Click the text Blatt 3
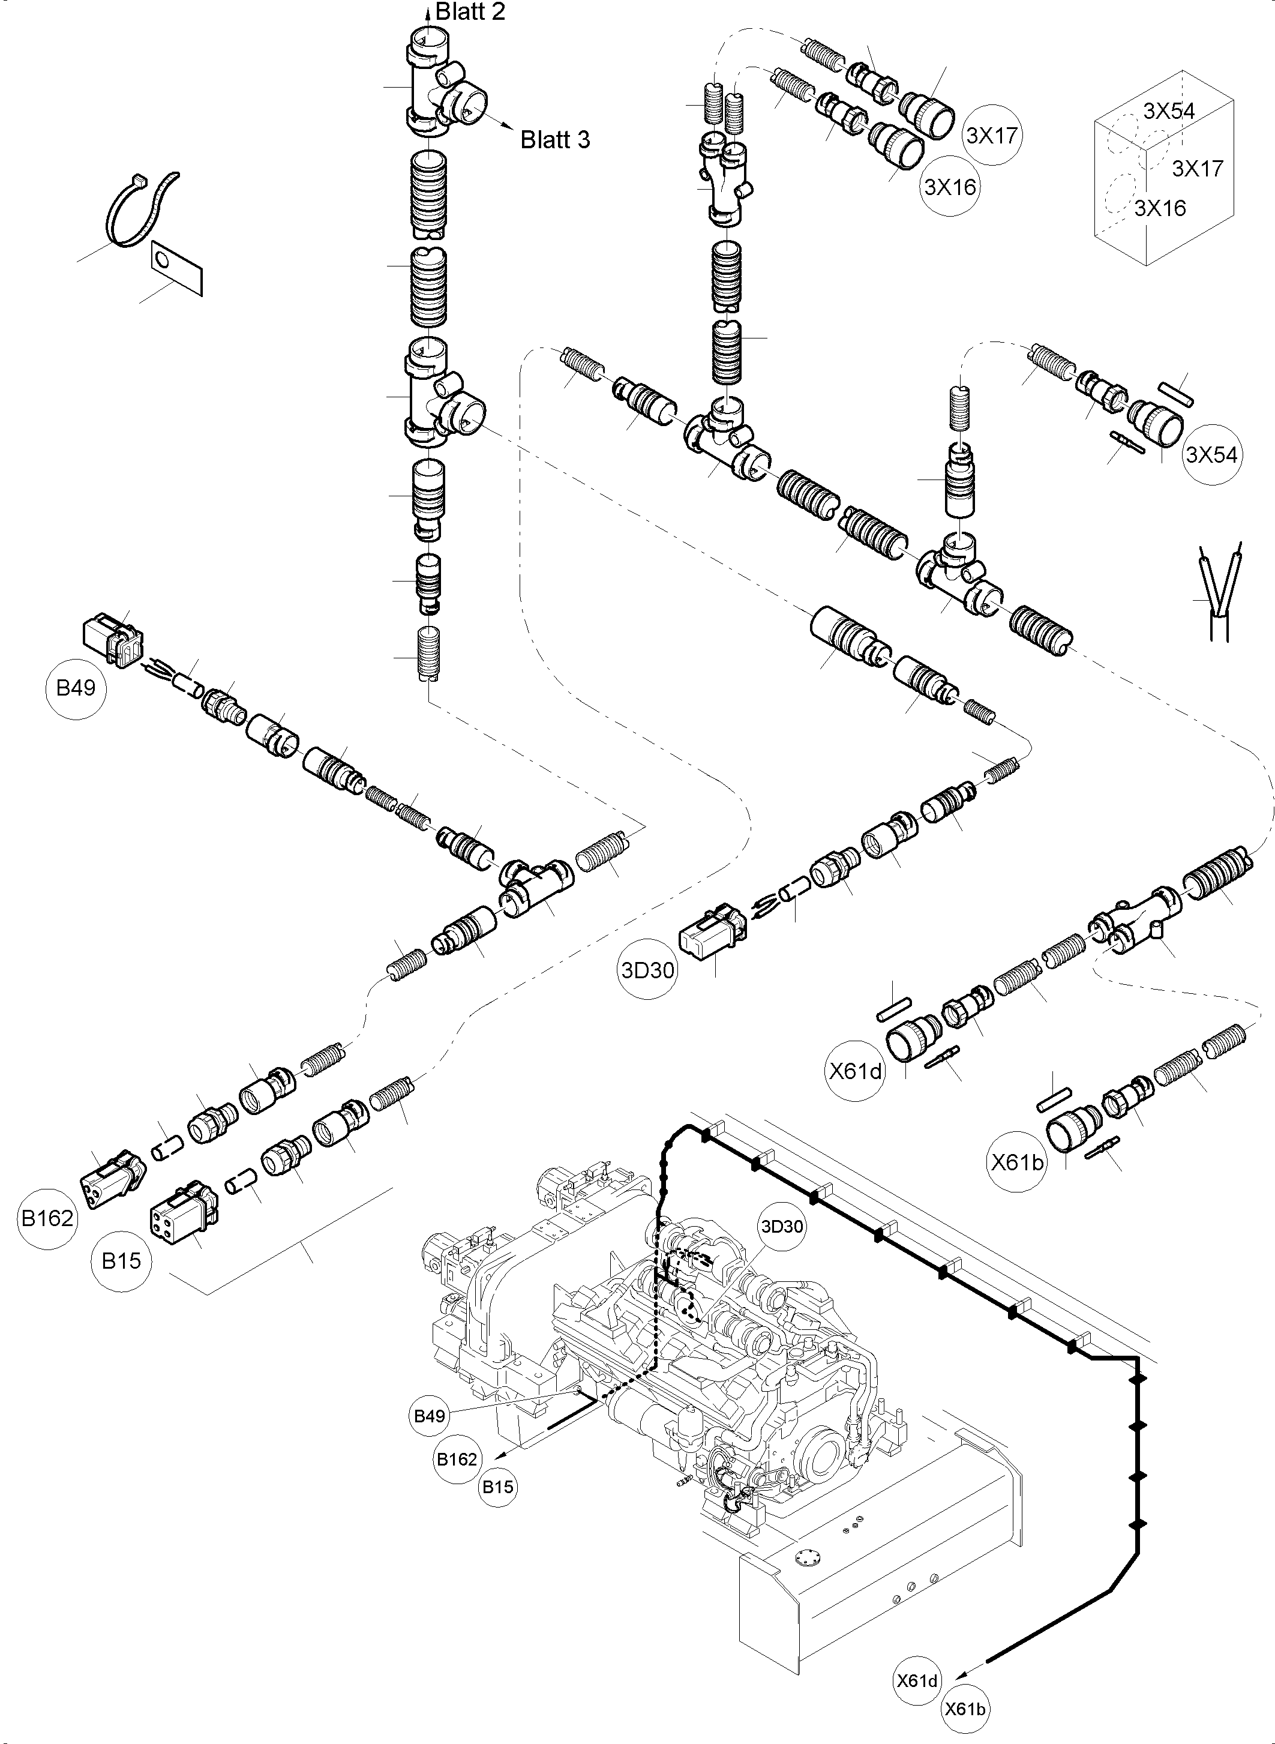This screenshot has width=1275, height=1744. coord(555,140)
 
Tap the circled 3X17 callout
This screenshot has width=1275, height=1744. coord(992,135)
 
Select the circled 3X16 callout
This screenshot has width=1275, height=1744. coord(950,187)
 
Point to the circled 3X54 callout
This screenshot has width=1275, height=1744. coord(1212,455)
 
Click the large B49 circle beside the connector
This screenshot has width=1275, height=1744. coord(76,688)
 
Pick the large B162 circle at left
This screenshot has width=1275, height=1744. coord(47,1218)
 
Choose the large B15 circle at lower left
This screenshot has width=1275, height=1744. coord(121,1261)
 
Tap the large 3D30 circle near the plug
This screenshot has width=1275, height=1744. coord(647,970)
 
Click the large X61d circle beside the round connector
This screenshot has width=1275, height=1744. coord(855,1072)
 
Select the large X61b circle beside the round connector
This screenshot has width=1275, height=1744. coord(1017,1161)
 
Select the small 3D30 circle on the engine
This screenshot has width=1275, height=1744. coord(782,1227)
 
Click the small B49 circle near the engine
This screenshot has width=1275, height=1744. coord(430,1415)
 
